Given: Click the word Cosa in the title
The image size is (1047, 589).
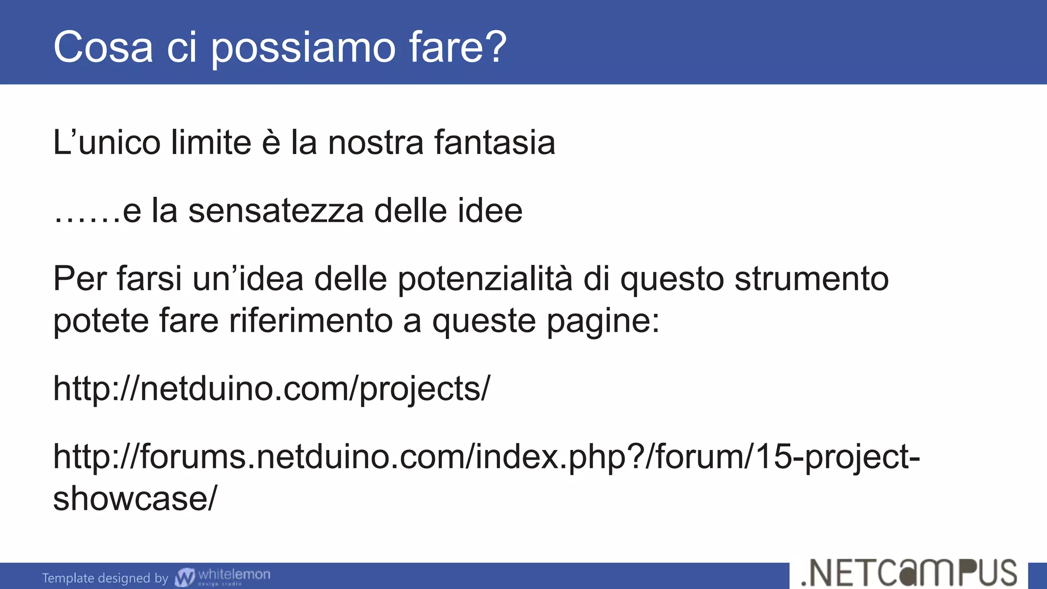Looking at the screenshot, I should click(x=103, y=47).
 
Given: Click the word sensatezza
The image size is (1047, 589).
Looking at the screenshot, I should click(x=276, y=211).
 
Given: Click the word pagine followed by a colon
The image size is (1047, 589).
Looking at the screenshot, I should click(x=603, y=322).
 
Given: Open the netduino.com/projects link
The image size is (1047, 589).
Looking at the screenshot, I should click(x=271, y=389).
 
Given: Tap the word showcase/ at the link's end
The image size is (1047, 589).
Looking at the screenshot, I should click(x=135, y=499).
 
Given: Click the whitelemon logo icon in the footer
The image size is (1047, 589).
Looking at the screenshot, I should click(x=185, y=577).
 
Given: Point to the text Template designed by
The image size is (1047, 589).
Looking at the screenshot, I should click(x=105, y=578).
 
